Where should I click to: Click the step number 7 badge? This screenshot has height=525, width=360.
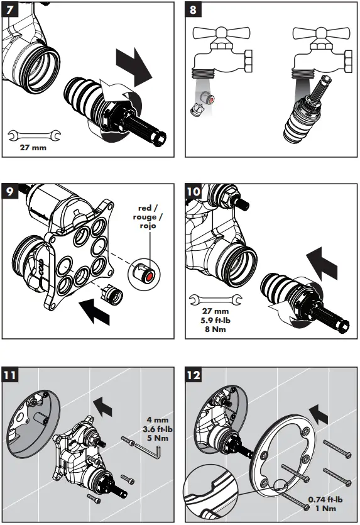click(9, 9)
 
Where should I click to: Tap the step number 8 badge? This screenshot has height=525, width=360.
click(193, 9)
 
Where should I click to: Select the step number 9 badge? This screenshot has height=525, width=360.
click(9, 191)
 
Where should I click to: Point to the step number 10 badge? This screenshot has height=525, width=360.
click(194, 191)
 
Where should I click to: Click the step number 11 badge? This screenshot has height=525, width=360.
click(9, 375)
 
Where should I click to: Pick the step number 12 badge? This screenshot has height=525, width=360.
click(194, 375)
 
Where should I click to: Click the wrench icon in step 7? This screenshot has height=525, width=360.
click(34, 135)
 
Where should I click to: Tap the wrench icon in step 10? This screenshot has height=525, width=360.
click(215, 299)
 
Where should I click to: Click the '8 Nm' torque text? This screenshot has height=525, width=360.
click(215, 329)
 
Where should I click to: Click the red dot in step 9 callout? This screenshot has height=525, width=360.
click(150, 276)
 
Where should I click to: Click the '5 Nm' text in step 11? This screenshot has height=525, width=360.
click(157, 438)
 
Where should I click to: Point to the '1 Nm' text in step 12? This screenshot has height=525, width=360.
click(325, 508)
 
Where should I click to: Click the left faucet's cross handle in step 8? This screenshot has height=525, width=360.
click(221, 33)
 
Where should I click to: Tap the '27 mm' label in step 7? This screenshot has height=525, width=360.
click(33, 147)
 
